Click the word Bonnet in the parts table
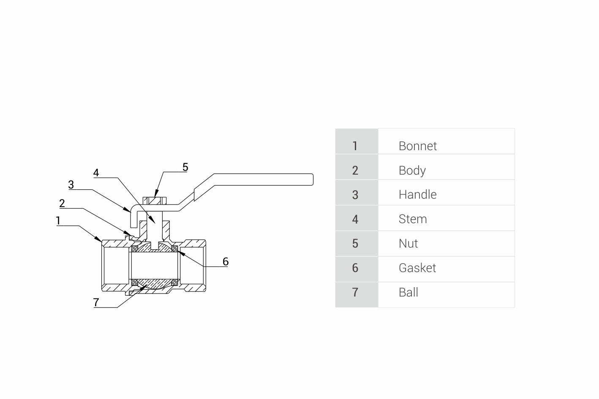tap(417, 146)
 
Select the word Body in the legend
tap(412, 170)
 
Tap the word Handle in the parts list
tap(417, 194)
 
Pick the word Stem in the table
tap(413, 219)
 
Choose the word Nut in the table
tap(408, 243)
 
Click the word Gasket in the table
tap(417, 268)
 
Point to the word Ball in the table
tap(408, 292)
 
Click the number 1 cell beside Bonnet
tap(355, 146)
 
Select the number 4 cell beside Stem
tap(355, 219)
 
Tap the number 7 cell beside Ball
tap(355, 292)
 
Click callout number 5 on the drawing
tap(185, 167)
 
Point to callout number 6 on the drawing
tap(226, 262)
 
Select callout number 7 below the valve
tap(96, 302)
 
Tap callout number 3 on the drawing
tap(71, 184)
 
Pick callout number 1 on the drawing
tap(58, 221)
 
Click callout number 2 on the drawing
tap(62, 203)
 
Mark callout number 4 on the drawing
tap(96, 173)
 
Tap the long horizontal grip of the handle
tap(262, 179)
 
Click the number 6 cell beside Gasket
tap(355, 268)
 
